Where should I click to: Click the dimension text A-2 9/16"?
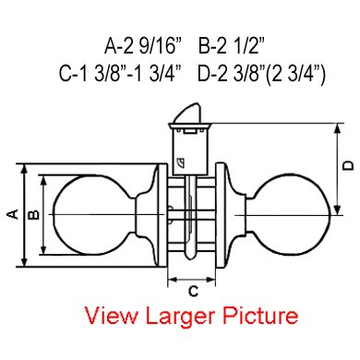(x=143, y=46)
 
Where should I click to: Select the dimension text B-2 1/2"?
(x=232, y=46)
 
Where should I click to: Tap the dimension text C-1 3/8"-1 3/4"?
(x=120, y=74)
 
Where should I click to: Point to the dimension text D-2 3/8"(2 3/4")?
(x=261, y=74)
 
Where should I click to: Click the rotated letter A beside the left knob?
(x=13, y=214)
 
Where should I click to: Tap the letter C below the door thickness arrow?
(x=193, y=291)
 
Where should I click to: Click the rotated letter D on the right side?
(x=348, y=165)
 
